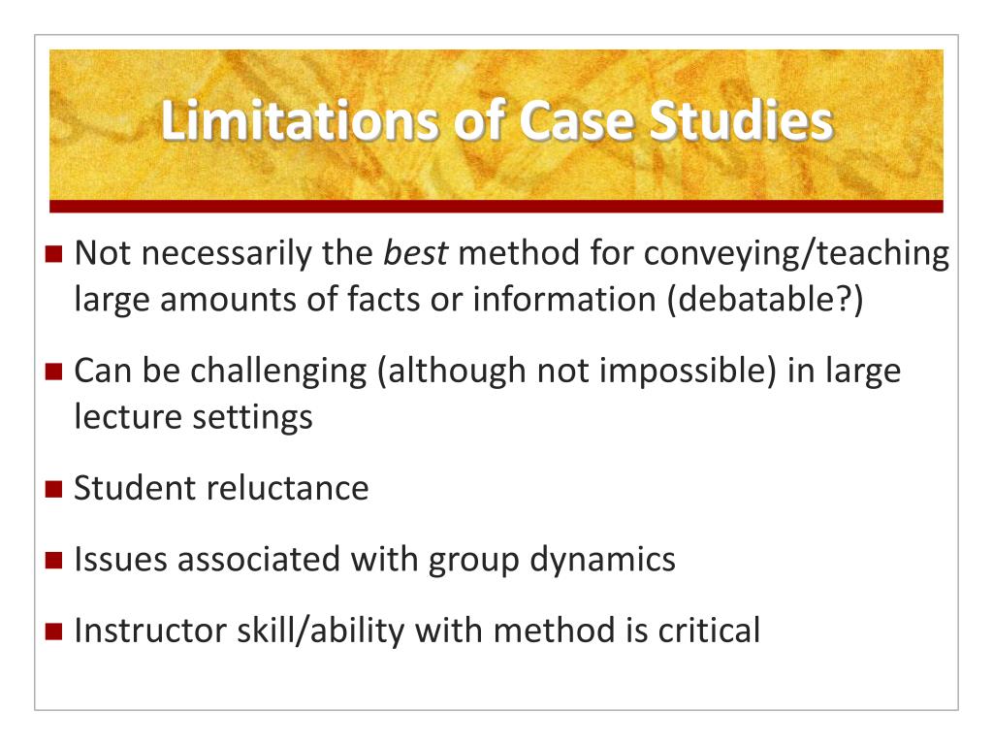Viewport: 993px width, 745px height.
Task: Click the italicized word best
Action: point(416,254)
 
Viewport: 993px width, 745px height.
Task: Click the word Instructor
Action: point(150,631)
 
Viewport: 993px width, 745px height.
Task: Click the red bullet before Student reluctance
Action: point(54,488)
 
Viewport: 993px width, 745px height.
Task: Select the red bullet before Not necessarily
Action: point(54,255)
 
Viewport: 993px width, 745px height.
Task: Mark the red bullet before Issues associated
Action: point(54,561)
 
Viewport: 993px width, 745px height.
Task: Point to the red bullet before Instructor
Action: point(54,632)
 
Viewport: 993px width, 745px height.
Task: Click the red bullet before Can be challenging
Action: point(54,372)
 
